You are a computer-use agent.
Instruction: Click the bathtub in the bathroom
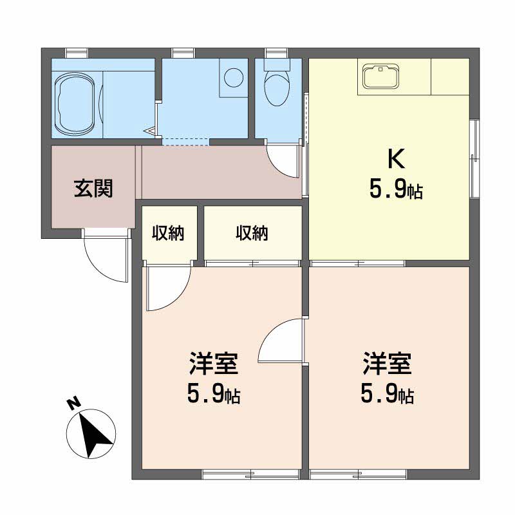click(x=77, y=104)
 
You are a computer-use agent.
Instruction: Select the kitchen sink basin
click(x=381, y=77)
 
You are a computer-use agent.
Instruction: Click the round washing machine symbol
click(x=234, y=78)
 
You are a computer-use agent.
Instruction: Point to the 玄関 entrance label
click(x=93, y=189)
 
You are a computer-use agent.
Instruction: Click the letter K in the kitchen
click(x=396, y=158)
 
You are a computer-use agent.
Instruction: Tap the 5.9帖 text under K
click(x=396, y=189)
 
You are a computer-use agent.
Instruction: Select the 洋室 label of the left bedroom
click(x=214, y=364)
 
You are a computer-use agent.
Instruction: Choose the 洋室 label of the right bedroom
click(x=388, y=364)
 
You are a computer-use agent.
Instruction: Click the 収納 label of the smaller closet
click(x=168, y=234)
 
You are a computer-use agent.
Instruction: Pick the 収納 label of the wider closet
click(x=252, y=234)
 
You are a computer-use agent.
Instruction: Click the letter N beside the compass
click(x=74, y=403)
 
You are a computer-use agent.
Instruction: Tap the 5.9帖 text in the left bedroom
click(x=214, y=394)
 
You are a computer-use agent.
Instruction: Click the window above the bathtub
click(x=77, y=53)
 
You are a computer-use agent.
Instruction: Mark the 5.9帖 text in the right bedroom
click(x=388, y=394)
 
